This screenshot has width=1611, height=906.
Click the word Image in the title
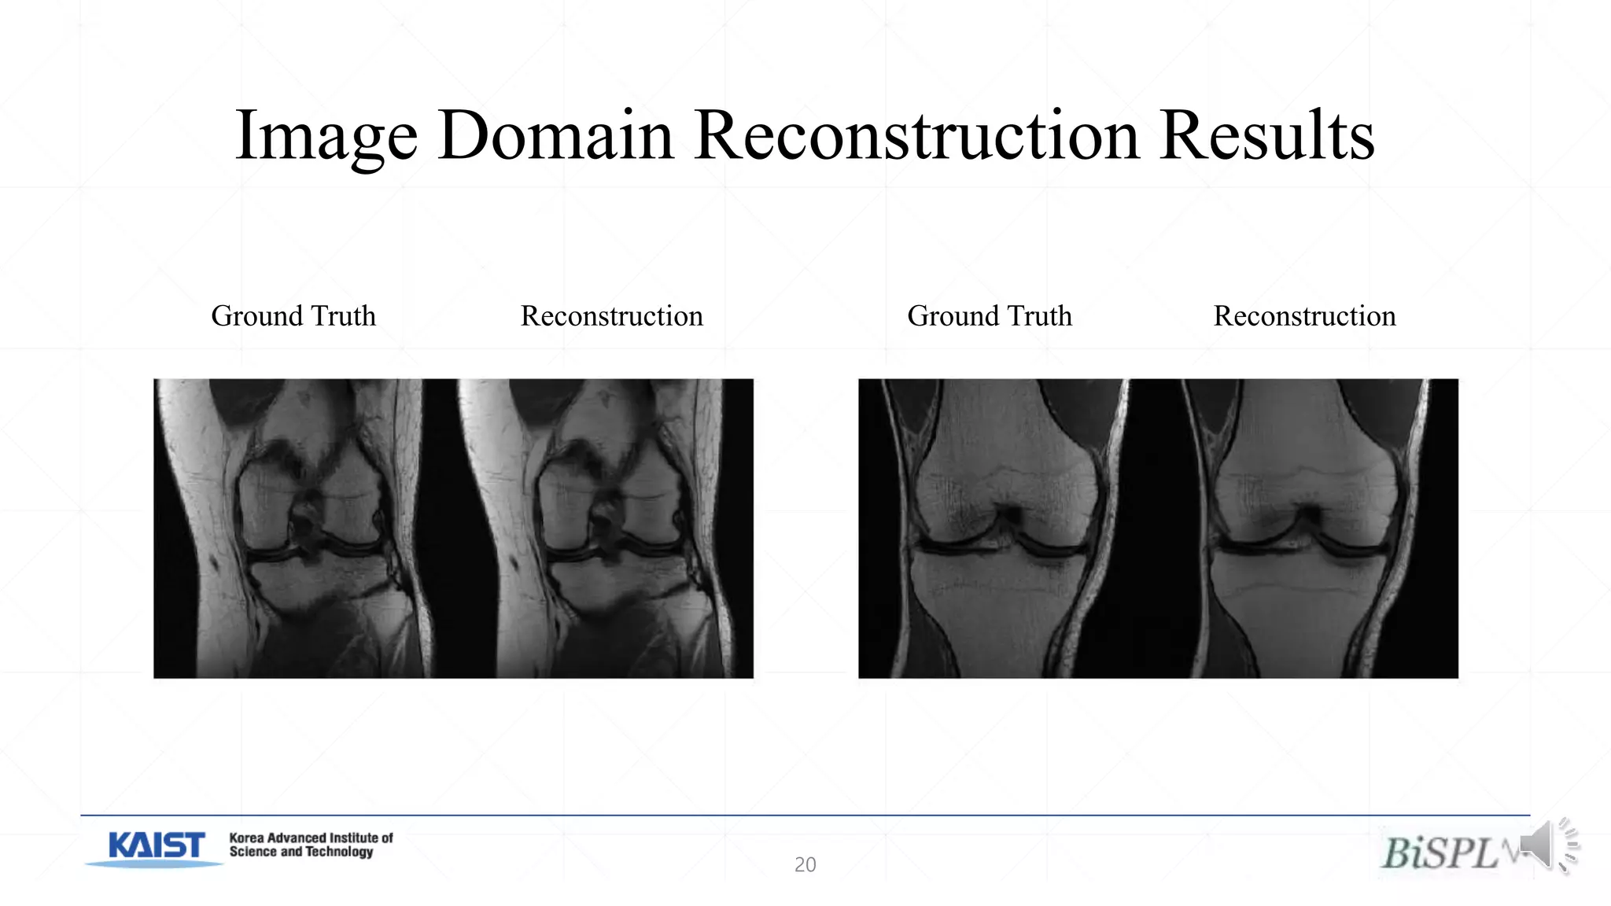pos(326,137)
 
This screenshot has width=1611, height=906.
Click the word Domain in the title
pos(555,135)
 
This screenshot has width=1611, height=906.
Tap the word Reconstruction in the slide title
pos(916,135)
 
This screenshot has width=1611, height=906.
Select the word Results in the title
pos(1266,135)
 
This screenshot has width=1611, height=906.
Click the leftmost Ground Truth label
pos(293,316)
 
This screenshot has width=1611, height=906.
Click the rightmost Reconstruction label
pos(1304,316)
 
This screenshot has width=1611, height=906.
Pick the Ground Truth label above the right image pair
pos(989,316)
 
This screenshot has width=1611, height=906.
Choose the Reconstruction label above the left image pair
pos(611,316)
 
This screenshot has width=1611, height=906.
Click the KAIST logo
pos(157,845)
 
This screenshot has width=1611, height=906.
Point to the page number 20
pos(805,864)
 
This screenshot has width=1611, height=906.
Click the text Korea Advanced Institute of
pos(311,838)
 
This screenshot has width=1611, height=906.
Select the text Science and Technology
pos(300,852)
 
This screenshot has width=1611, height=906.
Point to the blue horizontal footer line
pos(805,816)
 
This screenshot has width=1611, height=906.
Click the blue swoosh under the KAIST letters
pos(154,864)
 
